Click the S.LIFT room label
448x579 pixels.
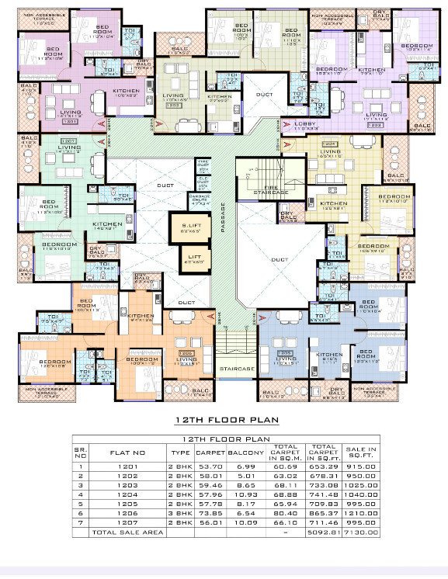(190, 228)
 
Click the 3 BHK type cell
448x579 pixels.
(180, 512)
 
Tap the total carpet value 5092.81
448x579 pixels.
(325, 533)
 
